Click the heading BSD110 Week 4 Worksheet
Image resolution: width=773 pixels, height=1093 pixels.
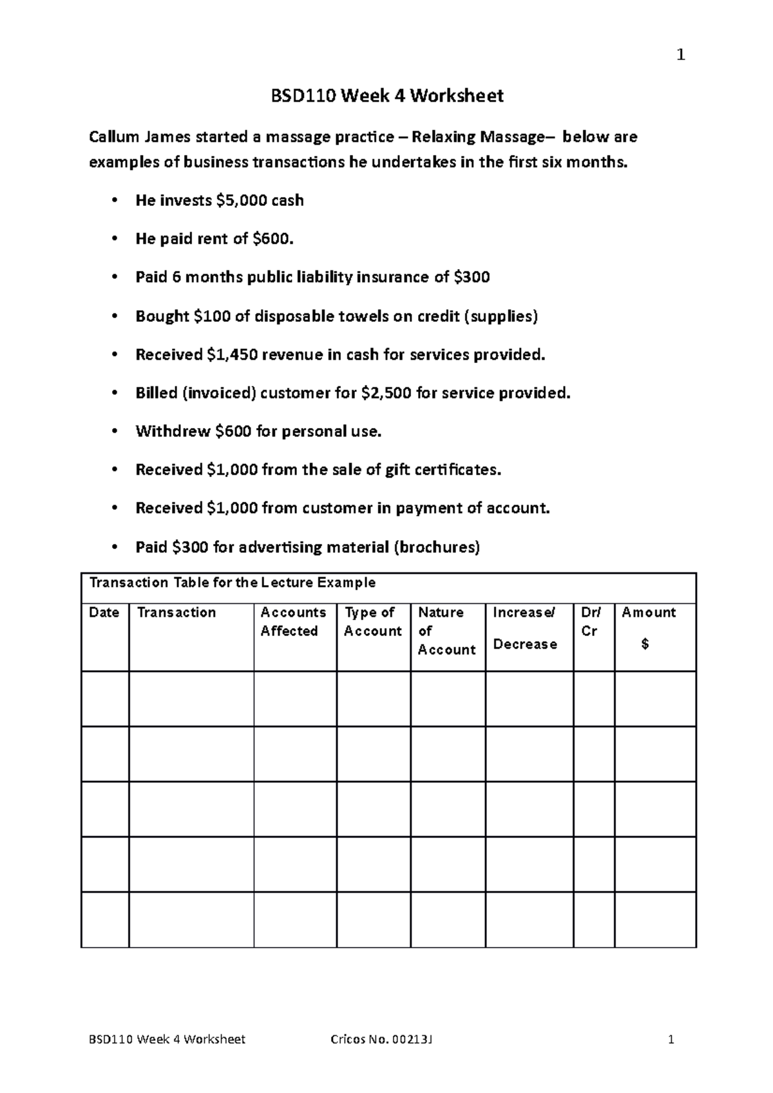click(x=386, y=96)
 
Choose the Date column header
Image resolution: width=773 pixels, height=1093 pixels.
click(x=104, y=612)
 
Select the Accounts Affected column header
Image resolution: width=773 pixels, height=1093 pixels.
click(x=293, y=622)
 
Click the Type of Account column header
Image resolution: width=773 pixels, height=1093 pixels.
click(x=372, y=622)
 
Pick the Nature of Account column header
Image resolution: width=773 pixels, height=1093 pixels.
click(x=446, y=631)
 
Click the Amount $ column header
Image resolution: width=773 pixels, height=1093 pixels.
click(x=649, y=627)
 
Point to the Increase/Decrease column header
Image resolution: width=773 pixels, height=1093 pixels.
click(x=525, y=628)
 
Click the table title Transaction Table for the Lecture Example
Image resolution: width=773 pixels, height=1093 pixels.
click(x=233, y=583)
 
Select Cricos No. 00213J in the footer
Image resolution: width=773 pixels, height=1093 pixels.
click(x=381, y=1040)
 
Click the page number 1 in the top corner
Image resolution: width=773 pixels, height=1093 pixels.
click(x=681, y=55)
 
